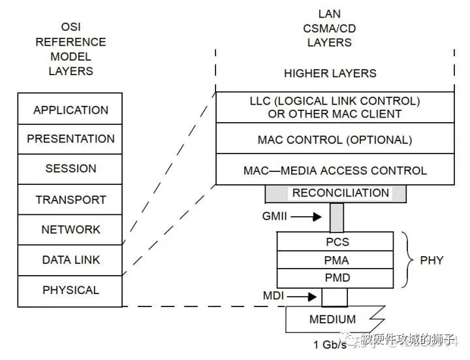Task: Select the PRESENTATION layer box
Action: tap(70, 139)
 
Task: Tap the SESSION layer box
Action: tap(70, 169)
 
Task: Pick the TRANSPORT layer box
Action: tap(70, 199)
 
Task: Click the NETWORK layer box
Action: tap(70, 229)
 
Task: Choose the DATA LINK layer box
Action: tap(70, 259)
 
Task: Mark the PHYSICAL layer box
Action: tap(70, 290)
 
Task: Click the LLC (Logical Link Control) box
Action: tap(334, 107)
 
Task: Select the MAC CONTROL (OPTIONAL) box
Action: tap(334, 139)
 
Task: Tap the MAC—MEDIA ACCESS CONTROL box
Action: tap(334, 170)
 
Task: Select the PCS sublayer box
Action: tap(337, 242)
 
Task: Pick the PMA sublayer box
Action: tap(337, 260)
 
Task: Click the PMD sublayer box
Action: tap(337, 278)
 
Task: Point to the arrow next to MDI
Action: tap(304, 297)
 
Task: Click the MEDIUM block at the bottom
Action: tap(333, 319)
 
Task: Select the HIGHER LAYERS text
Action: tap(330, 73)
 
